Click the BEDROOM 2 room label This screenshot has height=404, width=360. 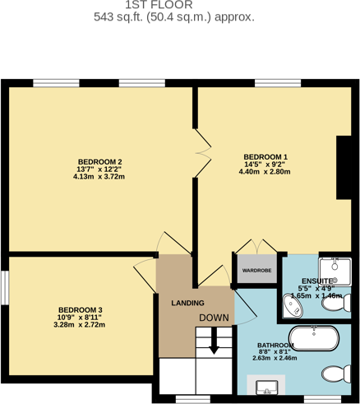(x=99, y=161)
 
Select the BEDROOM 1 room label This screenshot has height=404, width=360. (x=265, y=157)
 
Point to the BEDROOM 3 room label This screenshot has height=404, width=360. (x=80, y=309)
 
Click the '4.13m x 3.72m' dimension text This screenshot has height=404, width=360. (x=99, y=177)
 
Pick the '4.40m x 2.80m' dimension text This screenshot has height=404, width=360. (x=265, y=172)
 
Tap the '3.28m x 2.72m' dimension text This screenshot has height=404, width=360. (x=80, y=325)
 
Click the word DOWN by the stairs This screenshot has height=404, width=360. (x=214, y=318)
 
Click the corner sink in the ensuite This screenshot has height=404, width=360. (x=291, y=308)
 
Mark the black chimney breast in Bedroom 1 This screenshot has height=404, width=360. (x=344, y=168)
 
